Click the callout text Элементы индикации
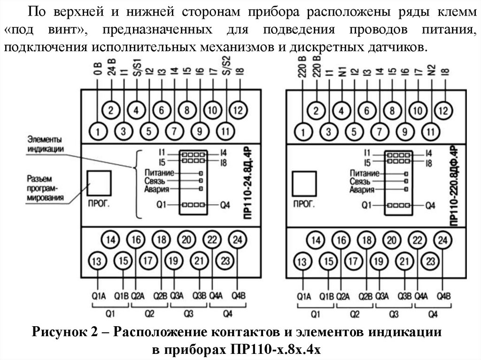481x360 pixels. click(45, 143)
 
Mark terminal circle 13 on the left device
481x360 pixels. click(97, 261)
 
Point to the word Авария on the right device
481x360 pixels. click(362, 190)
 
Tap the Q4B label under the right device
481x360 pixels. click(443, 296)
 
